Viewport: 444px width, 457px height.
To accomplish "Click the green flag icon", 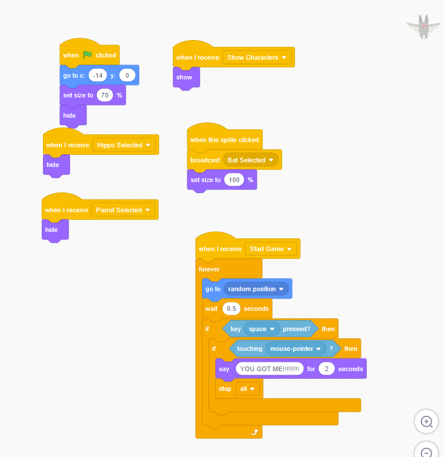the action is point(88,55).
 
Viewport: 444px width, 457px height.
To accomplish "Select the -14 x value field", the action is point(98,75).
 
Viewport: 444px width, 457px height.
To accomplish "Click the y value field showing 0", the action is point(127,75).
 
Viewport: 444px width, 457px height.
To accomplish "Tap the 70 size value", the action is point(104,95).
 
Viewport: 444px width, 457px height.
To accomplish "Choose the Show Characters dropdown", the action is point(257,57).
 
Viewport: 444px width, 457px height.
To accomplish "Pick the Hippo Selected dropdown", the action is point(124,145).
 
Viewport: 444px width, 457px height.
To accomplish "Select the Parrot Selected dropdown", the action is point(123,210).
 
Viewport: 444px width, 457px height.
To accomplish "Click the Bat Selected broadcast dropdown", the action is point(251,160).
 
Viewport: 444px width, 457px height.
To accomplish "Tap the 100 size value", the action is point(234,180).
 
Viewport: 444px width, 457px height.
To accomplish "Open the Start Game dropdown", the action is point(270,249).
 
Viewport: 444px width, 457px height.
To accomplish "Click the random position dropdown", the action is point(256,289).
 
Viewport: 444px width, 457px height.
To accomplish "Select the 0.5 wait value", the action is point(232,309).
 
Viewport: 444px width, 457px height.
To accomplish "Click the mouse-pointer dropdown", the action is point(295,349).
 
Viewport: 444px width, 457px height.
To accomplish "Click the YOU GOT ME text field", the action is point(269,369).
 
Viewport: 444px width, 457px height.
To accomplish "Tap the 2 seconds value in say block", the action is point(326,369).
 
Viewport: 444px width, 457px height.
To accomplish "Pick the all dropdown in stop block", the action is point(247,389).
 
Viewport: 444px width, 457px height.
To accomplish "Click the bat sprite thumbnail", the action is point(424,27).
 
